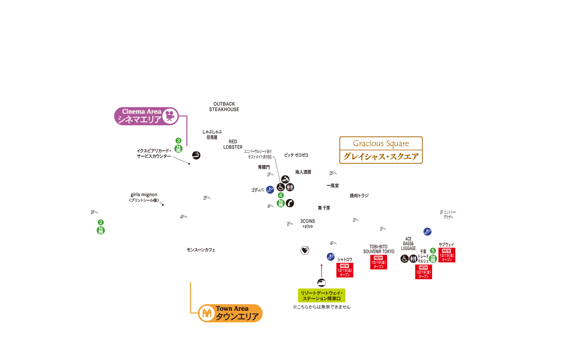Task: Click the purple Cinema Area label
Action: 146,116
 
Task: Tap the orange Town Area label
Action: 230,313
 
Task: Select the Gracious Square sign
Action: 381,150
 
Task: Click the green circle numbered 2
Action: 101,222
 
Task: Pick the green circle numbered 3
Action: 179,141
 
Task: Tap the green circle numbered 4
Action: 281,195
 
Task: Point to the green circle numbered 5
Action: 433,251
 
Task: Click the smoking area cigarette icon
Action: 196,155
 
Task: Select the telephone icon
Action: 290,203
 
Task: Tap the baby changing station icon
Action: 285,179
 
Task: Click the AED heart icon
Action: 305,250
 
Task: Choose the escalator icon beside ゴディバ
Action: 270,190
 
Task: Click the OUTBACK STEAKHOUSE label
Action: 224,107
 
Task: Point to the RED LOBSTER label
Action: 233,145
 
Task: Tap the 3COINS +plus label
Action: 308,223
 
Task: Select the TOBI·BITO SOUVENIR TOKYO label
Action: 379,249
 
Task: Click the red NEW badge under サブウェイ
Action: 447,255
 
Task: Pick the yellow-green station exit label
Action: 322,295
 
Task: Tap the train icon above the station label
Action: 322,283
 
